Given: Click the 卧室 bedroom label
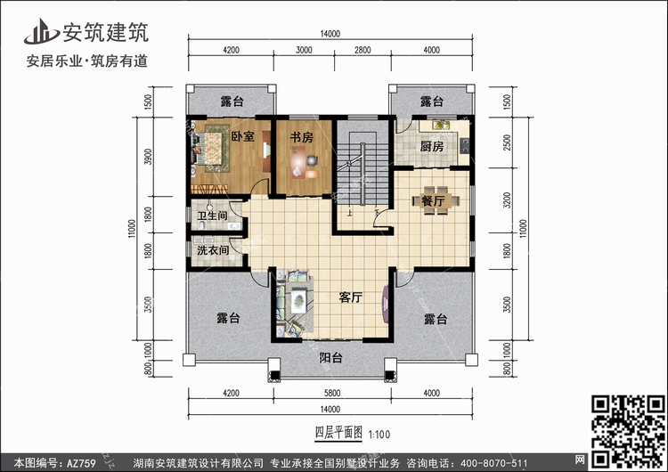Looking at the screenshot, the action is (243, 136).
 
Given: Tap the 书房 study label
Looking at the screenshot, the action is (302, 137).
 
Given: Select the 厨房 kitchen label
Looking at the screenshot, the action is (432, 147).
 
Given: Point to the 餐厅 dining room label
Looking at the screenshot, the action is (433, 200).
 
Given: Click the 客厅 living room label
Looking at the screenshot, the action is (351, 297).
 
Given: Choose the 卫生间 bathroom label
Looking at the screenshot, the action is (212, 216).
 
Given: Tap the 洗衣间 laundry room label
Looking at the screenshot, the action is (213, 250).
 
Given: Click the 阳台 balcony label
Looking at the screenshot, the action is (331, 358).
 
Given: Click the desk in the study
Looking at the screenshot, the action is (302, 162).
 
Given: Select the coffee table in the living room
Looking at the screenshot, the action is (299, 301).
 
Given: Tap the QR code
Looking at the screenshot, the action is (629, 430).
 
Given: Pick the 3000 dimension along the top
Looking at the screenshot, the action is (304, 50).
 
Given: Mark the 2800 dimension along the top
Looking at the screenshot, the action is (363, 50).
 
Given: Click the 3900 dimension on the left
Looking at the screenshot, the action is (148, 157).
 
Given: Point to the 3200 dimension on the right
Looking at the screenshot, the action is (507, 199).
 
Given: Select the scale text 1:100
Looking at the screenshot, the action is (379, 435).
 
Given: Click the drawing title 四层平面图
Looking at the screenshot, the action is (338, 433).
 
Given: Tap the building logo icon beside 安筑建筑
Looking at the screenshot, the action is (41, 31).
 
